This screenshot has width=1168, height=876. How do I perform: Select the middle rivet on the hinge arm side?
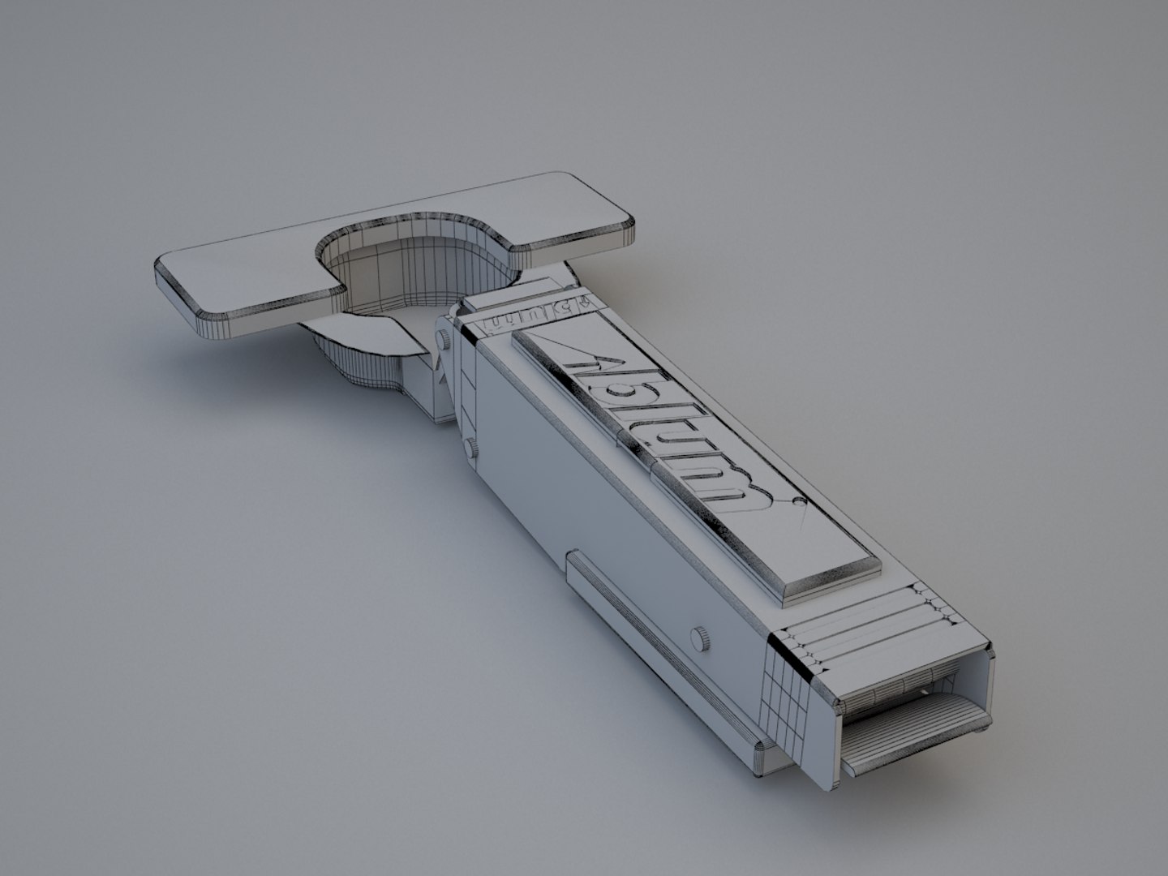coord(470,446)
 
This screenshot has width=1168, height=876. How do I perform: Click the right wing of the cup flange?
coord(568,211)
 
